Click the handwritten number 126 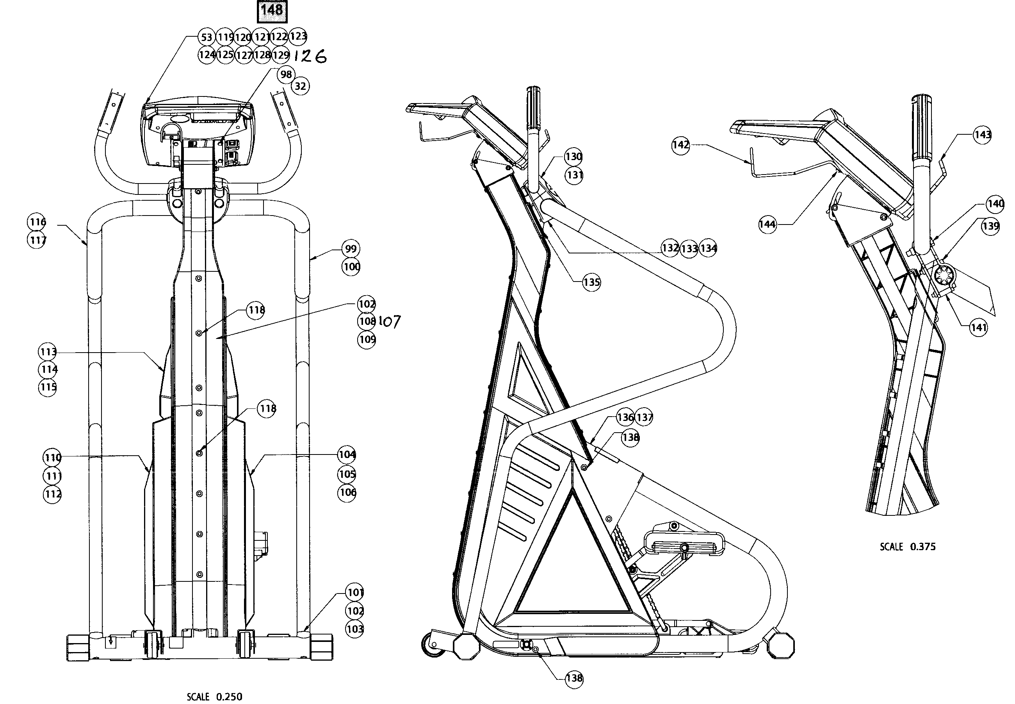coord(310,56)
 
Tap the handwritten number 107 coord(390,322)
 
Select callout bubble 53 coord(207,37)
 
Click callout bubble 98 coord(286,74)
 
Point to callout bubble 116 coord(37,221)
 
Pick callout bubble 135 coord(591,282)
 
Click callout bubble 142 coord(680,145)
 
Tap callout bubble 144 coord(767,224)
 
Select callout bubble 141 coord(978,327)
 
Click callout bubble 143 coord(982,135)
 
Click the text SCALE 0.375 coord(907,547)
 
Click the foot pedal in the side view coord(684,547)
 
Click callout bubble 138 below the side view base coord(574,678)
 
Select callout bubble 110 coord(52,457)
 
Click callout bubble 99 coord(351,249)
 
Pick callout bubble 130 coord(573,157)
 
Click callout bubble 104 coord(347,454)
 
